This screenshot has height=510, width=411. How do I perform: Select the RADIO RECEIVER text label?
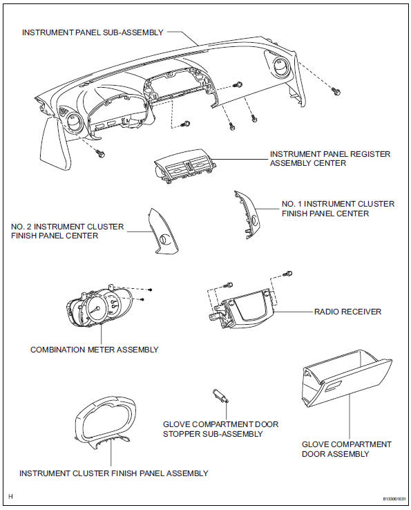347,312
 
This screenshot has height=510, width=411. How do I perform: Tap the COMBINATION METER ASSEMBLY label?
94,350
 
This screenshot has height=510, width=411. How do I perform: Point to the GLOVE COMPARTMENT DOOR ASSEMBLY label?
347,448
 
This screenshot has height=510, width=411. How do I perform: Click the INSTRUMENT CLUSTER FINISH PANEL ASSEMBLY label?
113,473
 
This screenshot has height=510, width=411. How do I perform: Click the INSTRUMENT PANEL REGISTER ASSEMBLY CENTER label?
330,159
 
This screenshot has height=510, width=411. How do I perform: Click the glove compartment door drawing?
345,380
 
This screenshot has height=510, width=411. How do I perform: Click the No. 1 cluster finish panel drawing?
247,215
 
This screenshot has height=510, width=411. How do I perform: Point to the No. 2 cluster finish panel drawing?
161,232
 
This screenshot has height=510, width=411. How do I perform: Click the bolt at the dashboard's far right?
337,91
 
